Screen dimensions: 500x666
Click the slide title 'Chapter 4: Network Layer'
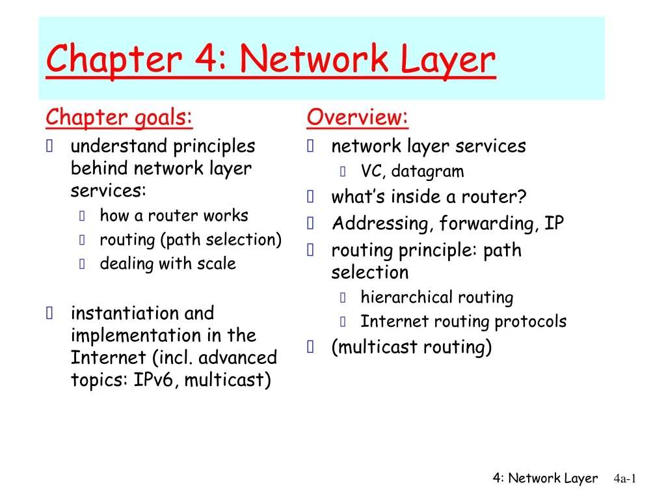271,60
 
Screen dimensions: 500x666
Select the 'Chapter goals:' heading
119,118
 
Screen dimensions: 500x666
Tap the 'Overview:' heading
358,118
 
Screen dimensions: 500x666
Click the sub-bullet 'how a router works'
174,215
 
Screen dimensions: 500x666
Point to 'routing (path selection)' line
191,240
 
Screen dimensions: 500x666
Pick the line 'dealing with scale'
168,264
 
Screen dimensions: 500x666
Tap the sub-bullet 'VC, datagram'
412,172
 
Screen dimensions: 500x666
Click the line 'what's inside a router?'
429,197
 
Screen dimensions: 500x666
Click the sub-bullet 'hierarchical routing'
437,298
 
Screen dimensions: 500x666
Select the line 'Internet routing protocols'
464,322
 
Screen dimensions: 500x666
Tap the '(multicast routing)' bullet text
412,347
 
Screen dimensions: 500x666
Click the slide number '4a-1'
624,479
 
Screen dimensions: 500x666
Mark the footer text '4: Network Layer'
545,479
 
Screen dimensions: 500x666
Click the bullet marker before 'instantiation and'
50,314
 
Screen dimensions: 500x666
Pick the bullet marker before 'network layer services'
311,146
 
